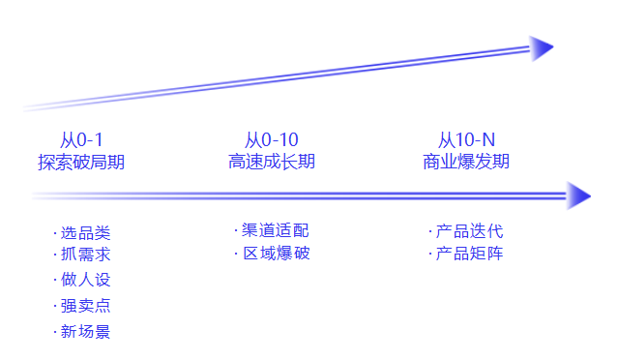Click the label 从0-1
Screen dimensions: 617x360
click(81, 141)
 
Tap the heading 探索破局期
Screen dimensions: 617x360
click(81, 162)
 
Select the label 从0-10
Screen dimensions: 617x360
click(272, 141)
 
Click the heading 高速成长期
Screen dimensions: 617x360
click(272, 162)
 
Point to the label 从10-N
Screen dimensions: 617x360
click(466, 141)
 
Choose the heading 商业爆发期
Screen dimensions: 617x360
click(466, 162)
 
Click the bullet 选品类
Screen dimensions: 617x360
click(85, 233)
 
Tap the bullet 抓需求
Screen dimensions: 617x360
click(85, 255)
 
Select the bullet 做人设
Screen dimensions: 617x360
click(85, 280)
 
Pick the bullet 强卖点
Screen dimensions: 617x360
click(85, 306)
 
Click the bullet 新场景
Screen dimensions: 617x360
click(85, 332)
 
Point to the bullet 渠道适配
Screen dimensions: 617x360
click(276, 230)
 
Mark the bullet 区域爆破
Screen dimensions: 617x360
click(276, 254)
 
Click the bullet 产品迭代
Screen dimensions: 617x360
click(469, 231)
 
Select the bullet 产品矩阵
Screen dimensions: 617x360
click(469, 254)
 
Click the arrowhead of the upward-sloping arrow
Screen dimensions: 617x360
click(542, 48)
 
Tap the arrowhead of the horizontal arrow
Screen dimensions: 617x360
click(578, 195)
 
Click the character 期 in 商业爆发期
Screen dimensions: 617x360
click(501, 162)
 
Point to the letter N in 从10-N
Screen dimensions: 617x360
click(487, 141)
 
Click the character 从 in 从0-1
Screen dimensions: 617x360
click(68, 141)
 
